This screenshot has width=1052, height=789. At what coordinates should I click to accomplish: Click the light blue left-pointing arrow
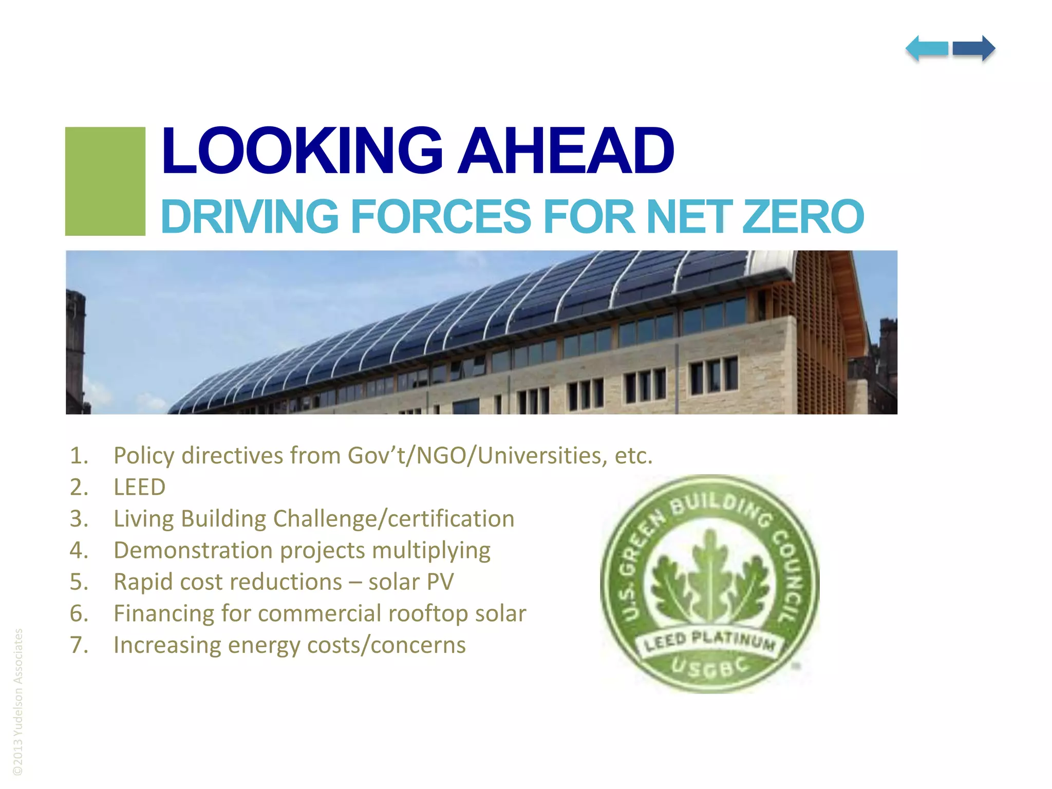tap(927, 49)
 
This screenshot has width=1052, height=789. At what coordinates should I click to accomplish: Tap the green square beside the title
tap(105, 181)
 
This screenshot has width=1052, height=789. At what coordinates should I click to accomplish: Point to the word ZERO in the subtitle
tap(803, 217)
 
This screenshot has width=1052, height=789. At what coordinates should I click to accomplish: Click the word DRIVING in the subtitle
tap(250, 217)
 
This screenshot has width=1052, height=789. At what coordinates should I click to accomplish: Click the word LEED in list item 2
tap(140, 487)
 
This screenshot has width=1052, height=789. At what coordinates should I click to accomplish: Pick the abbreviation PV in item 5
tap(440, 582)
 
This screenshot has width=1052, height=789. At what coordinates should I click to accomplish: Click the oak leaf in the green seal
tap(710, 580)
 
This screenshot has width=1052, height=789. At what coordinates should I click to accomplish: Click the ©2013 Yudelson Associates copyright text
tap(18, 701)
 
